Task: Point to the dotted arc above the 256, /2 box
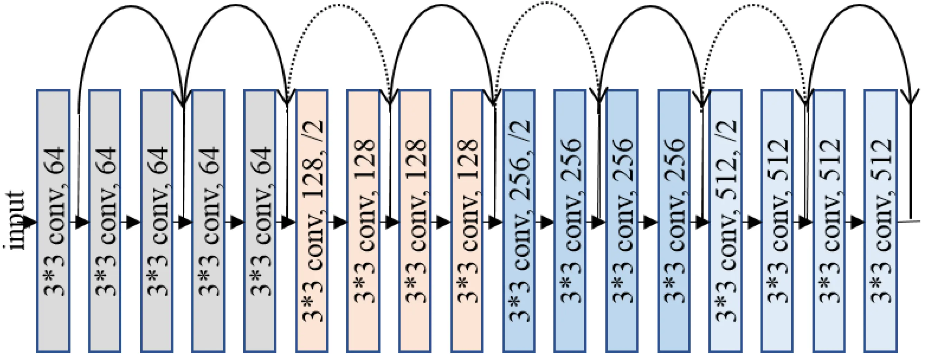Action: click(547, 3)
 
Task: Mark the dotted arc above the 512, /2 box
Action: click(754, 5)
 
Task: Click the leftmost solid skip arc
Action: click(131, 7)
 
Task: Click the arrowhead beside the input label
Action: click(30, 222)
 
